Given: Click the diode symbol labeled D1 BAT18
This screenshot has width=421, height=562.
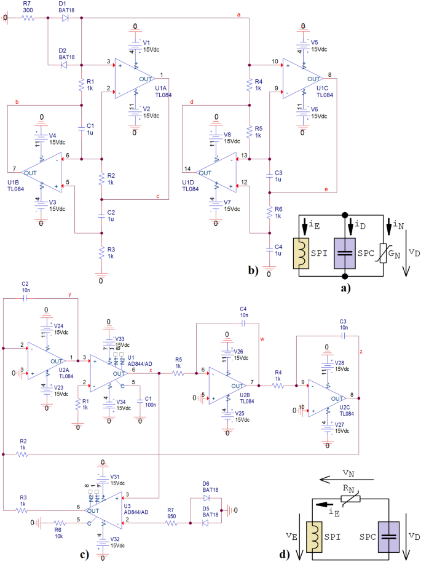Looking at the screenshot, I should point(65,18).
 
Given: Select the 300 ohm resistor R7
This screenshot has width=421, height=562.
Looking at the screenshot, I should point(28,18).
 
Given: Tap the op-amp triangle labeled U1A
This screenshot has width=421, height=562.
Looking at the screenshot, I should point(134,79).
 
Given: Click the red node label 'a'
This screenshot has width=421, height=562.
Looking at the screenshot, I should point(238,15).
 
